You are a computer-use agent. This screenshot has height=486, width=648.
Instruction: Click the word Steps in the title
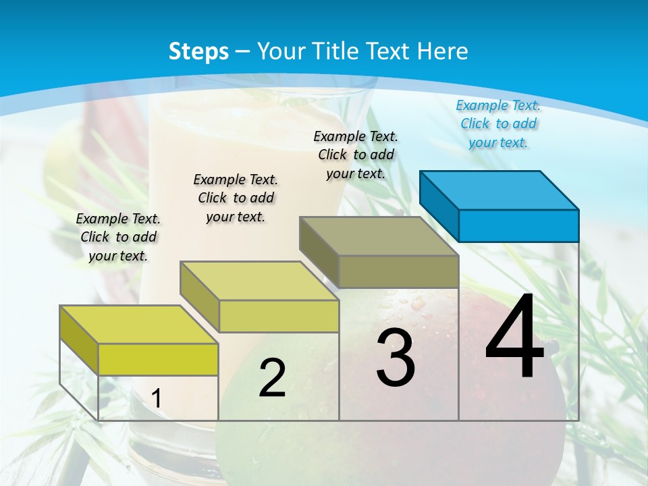198,51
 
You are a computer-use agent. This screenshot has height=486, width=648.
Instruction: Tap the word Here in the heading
442,51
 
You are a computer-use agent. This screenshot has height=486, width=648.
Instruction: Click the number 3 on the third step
396,358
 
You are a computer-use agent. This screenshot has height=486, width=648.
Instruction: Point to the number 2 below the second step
272,378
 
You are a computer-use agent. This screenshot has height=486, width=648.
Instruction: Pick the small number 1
156,399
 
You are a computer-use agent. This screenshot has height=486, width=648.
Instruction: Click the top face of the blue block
500,190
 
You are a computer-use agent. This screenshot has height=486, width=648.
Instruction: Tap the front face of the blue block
518,225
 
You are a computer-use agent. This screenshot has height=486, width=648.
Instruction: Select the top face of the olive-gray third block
379,236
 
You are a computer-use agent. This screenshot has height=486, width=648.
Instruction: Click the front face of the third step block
398,271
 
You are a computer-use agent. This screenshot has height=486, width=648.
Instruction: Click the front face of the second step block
279,316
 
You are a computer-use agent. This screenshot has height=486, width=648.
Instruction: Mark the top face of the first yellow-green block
139,325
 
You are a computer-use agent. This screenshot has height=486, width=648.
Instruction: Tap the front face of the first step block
158,359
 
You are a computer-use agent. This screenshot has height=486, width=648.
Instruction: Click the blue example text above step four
498,124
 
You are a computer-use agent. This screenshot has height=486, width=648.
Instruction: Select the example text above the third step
356,155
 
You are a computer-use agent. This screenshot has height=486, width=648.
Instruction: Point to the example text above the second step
236,198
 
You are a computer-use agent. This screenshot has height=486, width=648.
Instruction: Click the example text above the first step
118,237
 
